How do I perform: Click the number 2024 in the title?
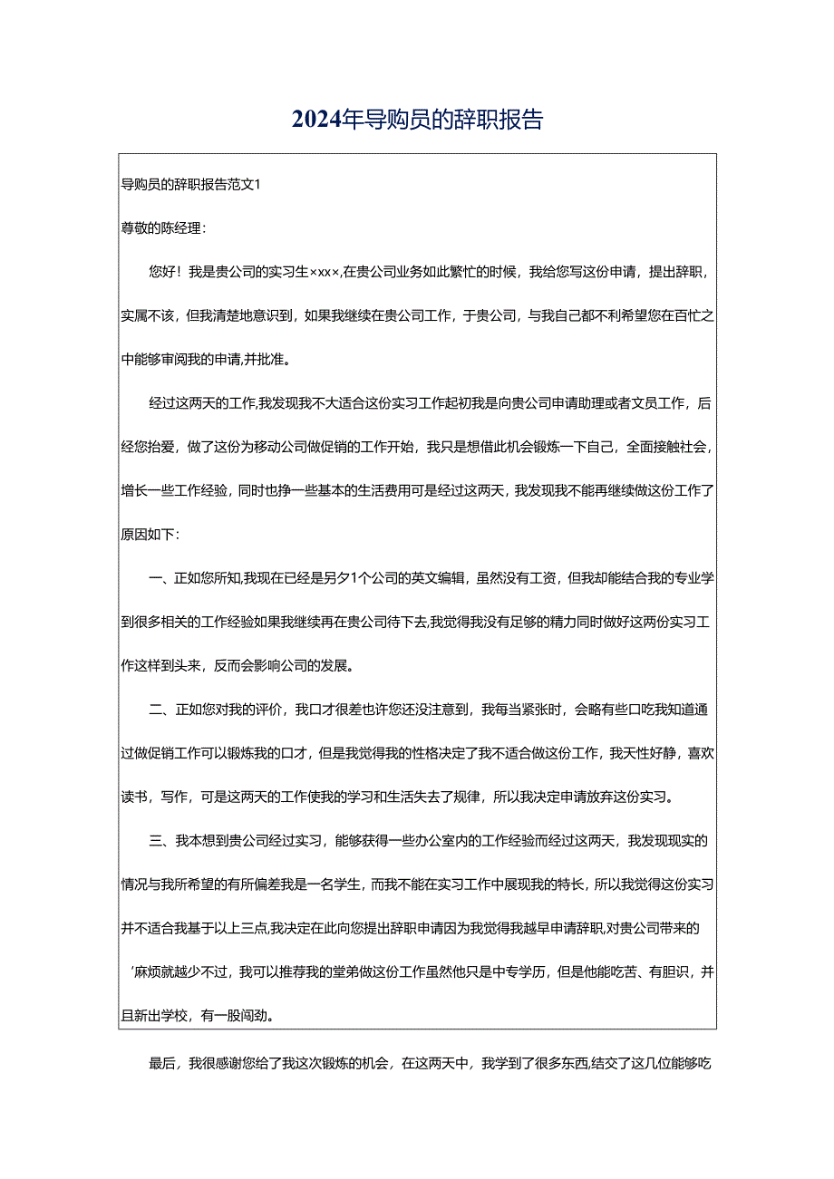tap(317, 120)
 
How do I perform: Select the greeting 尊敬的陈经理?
tap(163, 227)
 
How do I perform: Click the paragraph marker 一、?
tap(156, 577)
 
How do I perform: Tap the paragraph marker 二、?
tap(156, 710)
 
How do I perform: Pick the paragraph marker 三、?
tap(156, 840)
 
